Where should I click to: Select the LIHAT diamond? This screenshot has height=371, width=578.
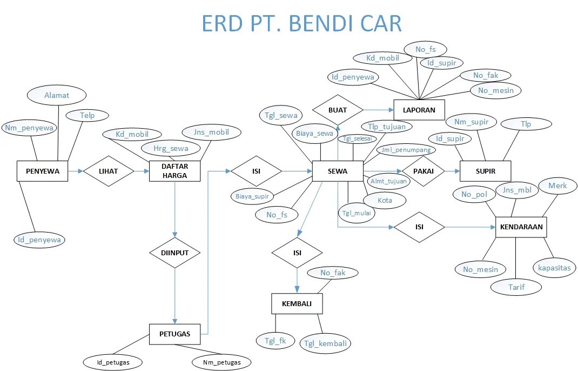click(108, 171)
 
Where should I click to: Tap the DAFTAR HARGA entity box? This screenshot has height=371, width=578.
click(174, 171)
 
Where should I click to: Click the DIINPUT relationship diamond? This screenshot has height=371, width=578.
click(174, 253)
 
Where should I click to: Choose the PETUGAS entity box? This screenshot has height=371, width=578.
click(174, 334)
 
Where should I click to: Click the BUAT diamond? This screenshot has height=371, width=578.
click(338, 110)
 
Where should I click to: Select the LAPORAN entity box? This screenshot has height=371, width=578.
click(419, 110)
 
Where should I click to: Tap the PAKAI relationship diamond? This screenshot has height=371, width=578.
click(423, 171)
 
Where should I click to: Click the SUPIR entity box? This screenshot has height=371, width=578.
click(485, 171)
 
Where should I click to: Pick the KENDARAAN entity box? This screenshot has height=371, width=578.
click(521, 227)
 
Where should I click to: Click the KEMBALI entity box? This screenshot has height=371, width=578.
click(297, 303)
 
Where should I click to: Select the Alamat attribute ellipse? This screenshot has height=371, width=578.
click(56, 95)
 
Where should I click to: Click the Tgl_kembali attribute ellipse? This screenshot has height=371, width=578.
click(326, 343)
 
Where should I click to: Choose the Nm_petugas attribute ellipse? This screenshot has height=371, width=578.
click(222, 361)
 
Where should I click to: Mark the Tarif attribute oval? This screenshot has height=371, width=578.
click(516, 287)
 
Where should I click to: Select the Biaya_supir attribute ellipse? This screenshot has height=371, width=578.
click(252, 196)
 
